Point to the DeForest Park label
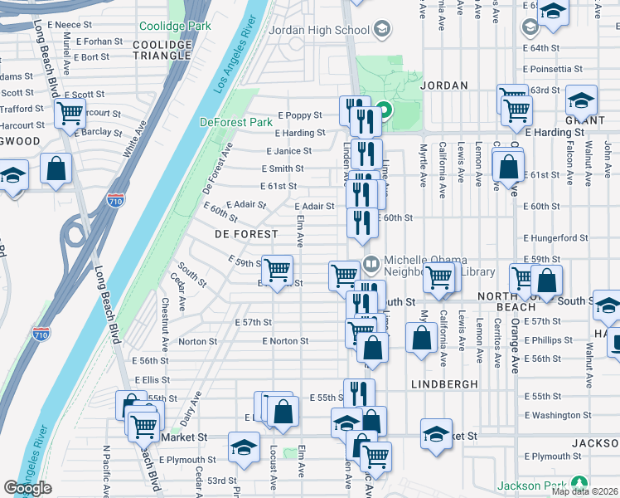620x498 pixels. tap(236, 122)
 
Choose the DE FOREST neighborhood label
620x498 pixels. tap(246, 235)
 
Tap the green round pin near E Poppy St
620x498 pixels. tap(384, 109)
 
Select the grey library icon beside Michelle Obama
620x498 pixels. tap(371, 264)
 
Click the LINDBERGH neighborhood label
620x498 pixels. tap(443, 384)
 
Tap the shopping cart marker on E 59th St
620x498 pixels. tap(278, 268)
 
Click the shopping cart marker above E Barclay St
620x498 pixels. tap(70, 113)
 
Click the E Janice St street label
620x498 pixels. tap(288, 151)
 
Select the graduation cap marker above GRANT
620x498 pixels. tap(581, 100)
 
